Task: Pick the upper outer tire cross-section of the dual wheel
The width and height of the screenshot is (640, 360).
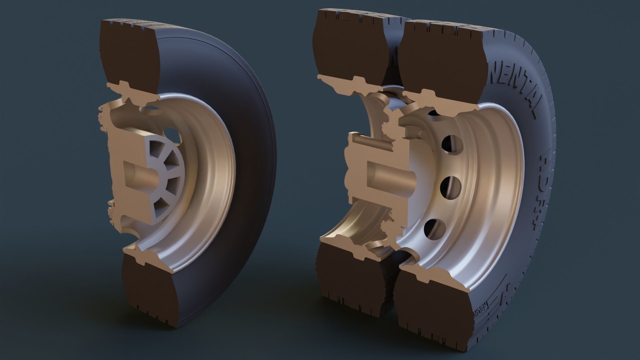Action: [440, 57]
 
